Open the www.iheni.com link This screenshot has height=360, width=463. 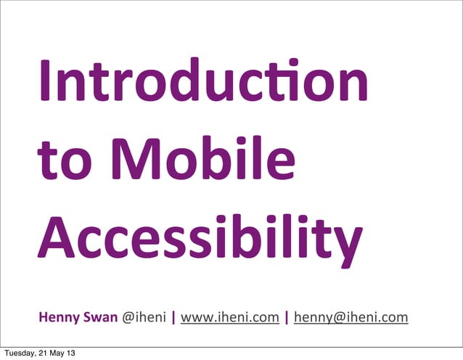coord(230,317)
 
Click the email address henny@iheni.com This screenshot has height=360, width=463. coord(351,317)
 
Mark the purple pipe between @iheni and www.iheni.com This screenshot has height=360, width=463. coord(173,317)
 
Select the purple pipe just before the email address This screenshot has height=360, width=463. coord(287,317)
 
